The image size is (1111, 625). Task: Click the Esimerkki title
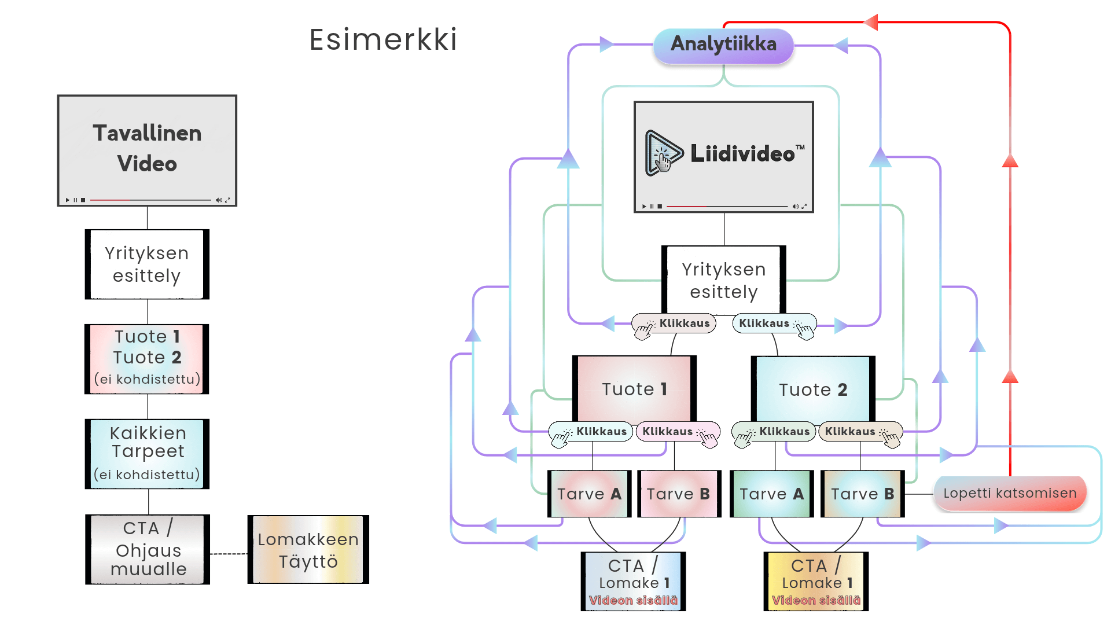pyautogui.click(x=383, y=40)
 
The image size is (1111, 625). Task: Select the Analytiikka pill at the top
pyautogui.click(x=723, y=45)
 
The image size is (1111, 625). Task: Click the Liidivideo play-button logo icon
pyautogui.click(x=663, y=153)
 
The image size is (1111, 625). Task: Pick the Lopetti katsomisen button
pyautogui.click(x=1010, y=494)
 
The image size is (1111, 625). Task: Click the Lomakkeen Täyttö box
pyautogui.click(x=308, y=550)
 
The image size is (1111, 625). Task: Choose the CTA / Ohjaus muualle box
pyautogui.click(x=148, y=549)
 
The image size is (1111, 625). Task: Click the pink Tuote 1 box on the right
pyautogui.click(x=634, y=389)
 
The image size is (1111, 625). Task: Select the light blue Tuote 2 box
pyautogui.click(x=812, y=389)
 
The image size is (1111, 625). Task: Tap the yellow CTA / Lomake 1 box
pyautogui.click(x=816, y=581)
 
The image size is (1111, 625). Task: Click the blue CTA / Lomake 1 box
pyautogui.click(x=633, y=581)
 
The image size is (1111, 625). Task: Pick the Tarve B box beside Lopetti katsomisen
pyautogui.click(x=862, y=494)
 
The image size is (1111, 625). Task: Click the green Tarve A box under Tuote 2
pyautogui.click(x=771, y=494)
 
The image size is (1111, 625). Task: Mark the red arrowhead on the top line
pyautogui.click(x=871, y=23)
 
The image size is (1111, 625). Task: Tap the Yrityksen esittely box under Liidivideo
pyautogui.click(x=723, y=281)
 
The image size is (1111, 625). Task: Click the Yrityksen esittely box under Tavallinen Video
pyautogui.click(x=147, y=264)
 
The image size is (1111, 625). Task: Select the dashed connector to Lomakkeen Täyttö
pyautogui.click(x=229, y=554)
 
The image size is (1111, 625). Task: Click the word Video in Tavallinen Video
pyautogui.click(x=147, y=164)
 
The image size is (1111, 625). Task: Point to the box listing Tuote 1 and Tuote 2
pyautogui.click(x=147, y=359)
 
